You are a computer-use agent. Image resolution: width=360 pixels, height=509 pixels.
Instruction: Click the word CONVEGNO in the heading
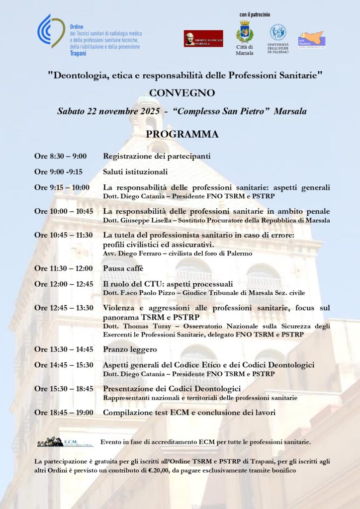click(x=182, y=93)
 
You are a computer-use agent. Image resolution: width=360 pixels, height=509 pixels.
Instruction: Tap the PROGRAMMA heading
click(x=182, y=134)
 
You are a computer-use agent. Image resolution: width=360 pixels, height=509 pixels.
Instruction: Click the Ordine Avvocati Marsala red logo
click(x=203, y=38)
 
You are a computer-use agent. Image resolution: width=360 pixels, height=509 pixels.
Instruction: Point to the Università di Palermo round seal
click(x=278, y=32)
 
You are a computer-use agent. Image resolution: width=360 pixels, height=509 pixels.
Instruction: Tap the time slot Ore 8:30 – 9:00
click(x=60, y=157)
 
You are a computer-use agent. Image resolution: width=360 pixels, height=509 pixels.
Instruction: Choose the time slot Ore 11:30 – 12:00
click(x=63, y=268)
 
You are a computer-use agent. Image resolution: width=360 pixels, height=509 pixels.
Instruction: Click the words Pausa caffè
click(x=123, y=268)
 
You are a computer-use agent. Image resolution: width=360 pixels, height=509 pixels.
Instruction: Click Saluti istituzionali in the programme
click(x=135, y=172)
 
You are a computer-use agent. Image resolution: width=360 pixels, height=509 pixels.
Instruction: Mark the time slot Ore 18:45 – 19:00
click(x=63, y=413)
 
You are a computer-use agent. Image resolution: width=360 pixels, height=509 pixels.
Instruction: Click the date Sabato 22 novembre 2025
click(x=105, y=111)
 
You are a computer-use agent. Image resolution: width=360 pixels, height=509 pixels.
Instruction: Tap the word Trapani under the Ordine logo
click(x=78, y=53)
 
